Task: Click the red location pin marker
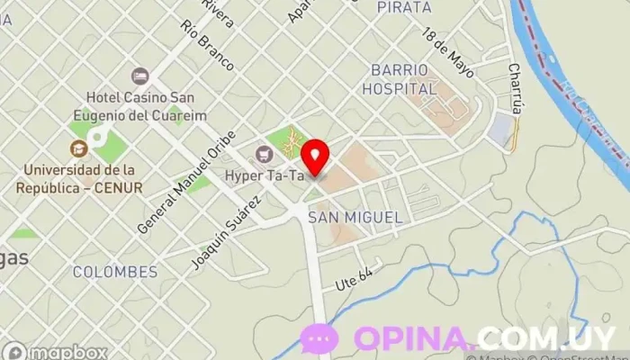click(315, 157)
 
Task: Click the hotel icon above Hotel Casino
click(139, 76)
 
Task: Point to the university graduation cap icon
click(77, 148)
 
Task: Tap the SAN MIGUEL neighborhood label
click(355, 218)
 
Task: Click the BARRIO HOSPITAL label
click(400, 79)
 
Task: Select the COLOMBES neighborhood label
click(115, 271)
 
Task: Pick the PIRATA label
click(404, 7)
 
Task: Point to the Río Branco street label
click(207, 46)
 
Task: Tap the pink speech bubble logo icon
click(319, 338)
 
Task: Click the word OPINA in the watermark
click(413, 338)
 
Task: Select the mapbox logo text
click(67, 352)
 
